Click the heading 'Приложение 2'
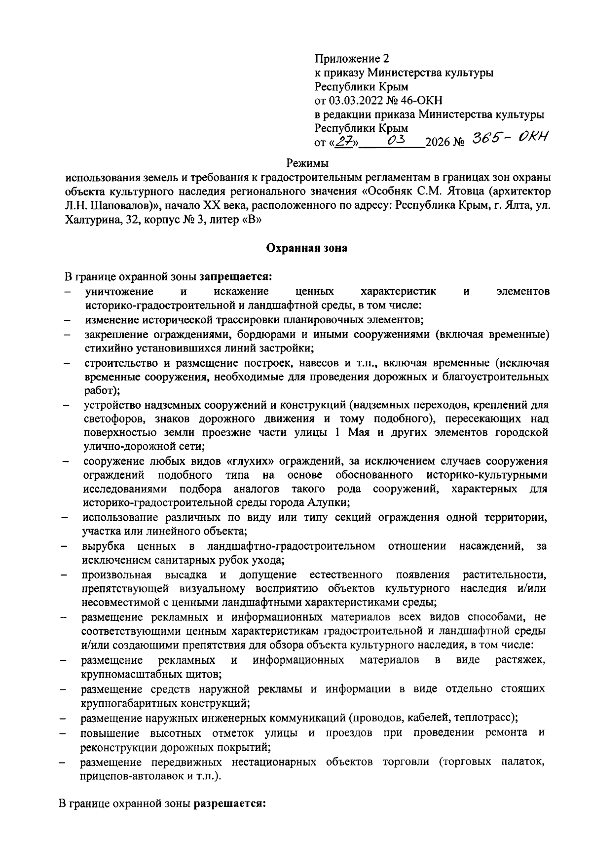pyautogui.click(x=352, y=59)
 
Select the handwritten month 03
pyautogui.click(x=396, y=141)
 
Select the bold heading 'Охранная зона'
pyautogui.click(x=306, y=248)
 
